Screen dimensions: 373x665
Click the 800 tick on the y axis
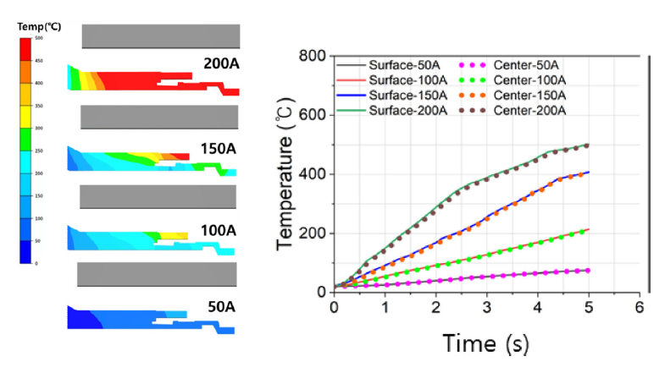click(313, 57)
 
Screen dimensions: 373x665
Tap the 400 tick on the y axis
click(313, 174)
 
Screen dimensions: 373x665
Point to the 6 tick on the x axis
click(639, 305)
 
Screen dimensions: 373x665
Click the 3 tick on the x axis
click(486, 305)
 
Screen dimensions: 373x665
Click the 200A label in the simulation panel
click(221, 63)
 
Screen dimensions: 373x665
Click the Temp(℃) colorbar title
click(36, 27)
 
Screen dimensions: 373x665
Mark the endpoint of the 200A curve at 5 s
click(588, 145)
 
